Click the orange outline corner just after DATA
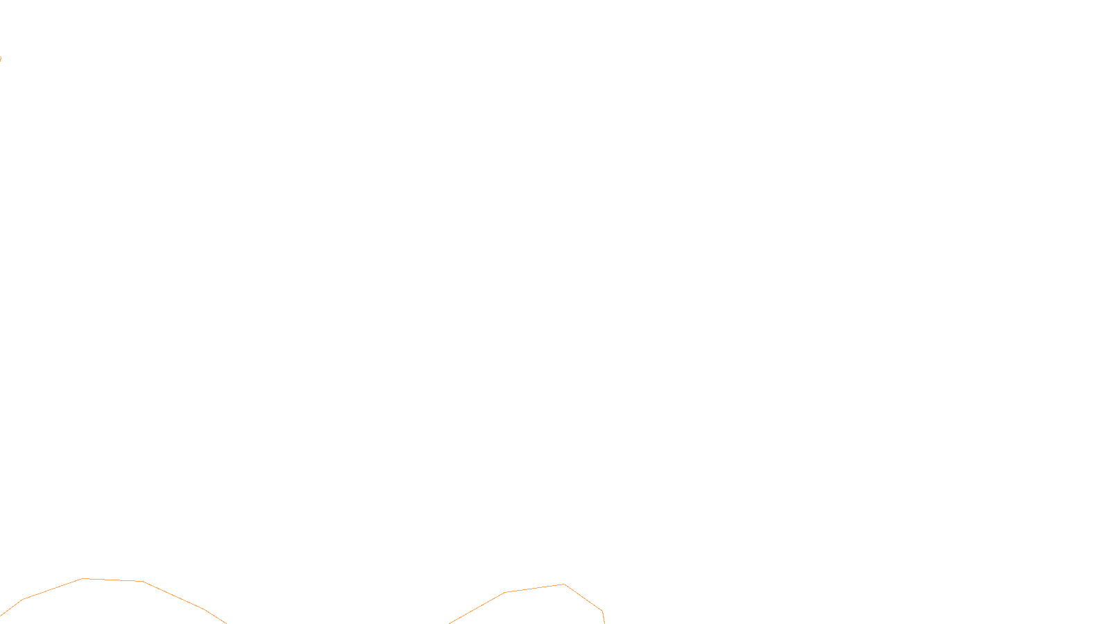pyautogui.click(x=602, y=611)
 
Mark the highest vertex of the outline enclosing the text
pyautogui.click(x=564, y=584)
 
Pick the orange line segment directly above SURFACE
pyautogui.click(x=535, y=589)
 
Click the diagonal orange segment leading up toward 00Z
pyautogui.click(x=477, y=608)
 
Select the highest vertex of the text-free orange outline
pyautogui.click(x=83, y=578)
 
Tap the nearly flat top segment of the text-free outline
pyautogui.click(x=113, y=580)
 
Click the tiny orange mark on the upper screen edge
pyautogui.click(x=1, y=58)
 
